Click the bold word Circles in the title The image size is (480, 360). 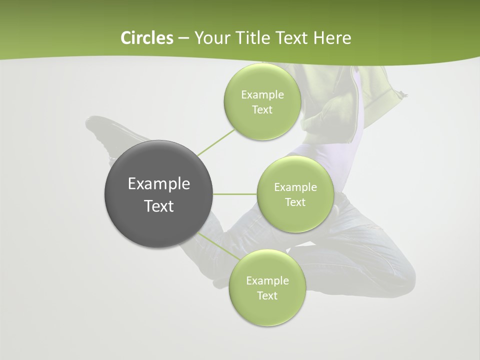[146, 38]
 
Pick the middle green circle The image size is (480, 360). [295, 215]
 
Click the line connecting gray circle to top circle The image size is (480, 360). [216, 142]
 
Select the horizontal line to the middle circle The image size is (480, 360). [234, 194]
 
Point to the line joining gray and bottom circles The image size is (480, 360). [218, 246]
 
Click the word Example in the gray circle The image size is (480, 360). [158, 183]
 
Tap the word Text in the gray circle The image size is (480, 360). [158, 206]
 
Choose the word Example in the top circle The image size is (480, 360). [262, 94]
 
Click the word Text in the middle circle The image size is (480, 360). [295, 202]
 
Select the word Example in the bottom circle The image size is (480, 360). [267, 280]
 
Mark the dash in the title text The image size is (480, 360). [183, 38]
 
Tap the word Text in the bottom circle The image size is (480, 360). [267, 295]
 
